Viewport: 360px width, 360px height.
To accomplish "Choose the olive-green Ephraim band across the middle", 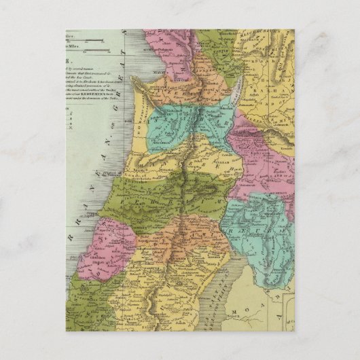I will pos(156,194).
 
